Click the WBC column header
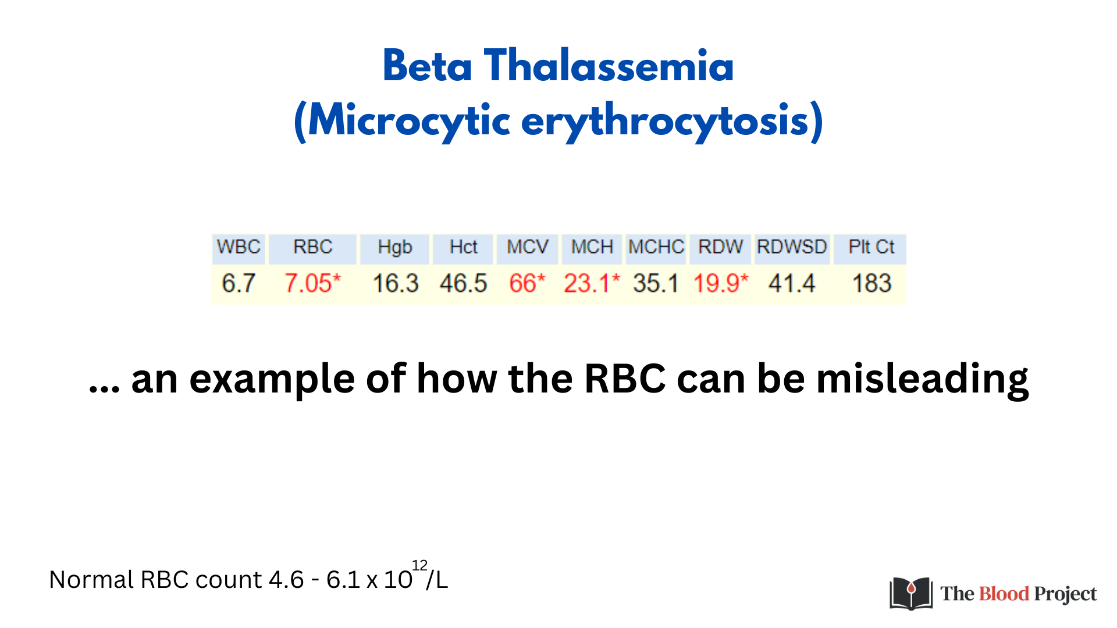click(x=239, y=247)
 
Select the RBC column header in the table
click(x=312, y=247)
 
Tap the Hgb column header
click(x=395, y=247)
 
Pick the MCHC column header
click(x=656, y=247)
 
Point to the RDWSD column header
click(x=792, y=247)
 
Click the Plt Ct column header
click(x=871, y=247)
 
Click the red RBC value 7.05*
click(x=312, y=283)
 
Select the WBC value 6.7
click(x=239, y=283)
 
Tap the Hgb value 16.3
click(x=396, y=283)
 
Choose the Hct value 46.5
click(x=463, y=283)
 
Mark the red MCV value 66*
click(x=527, y=283)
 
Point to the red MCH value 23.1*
click(x=592, y=283)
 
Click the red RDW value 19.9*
click(x=721, y=283)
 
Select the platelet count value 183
click(x=871, y=283)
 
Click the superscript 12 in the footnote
click(x=419, y=565)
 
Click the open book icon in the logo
click(x=911, y=594)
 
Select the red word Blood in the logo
click(x=1004, y=594)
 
